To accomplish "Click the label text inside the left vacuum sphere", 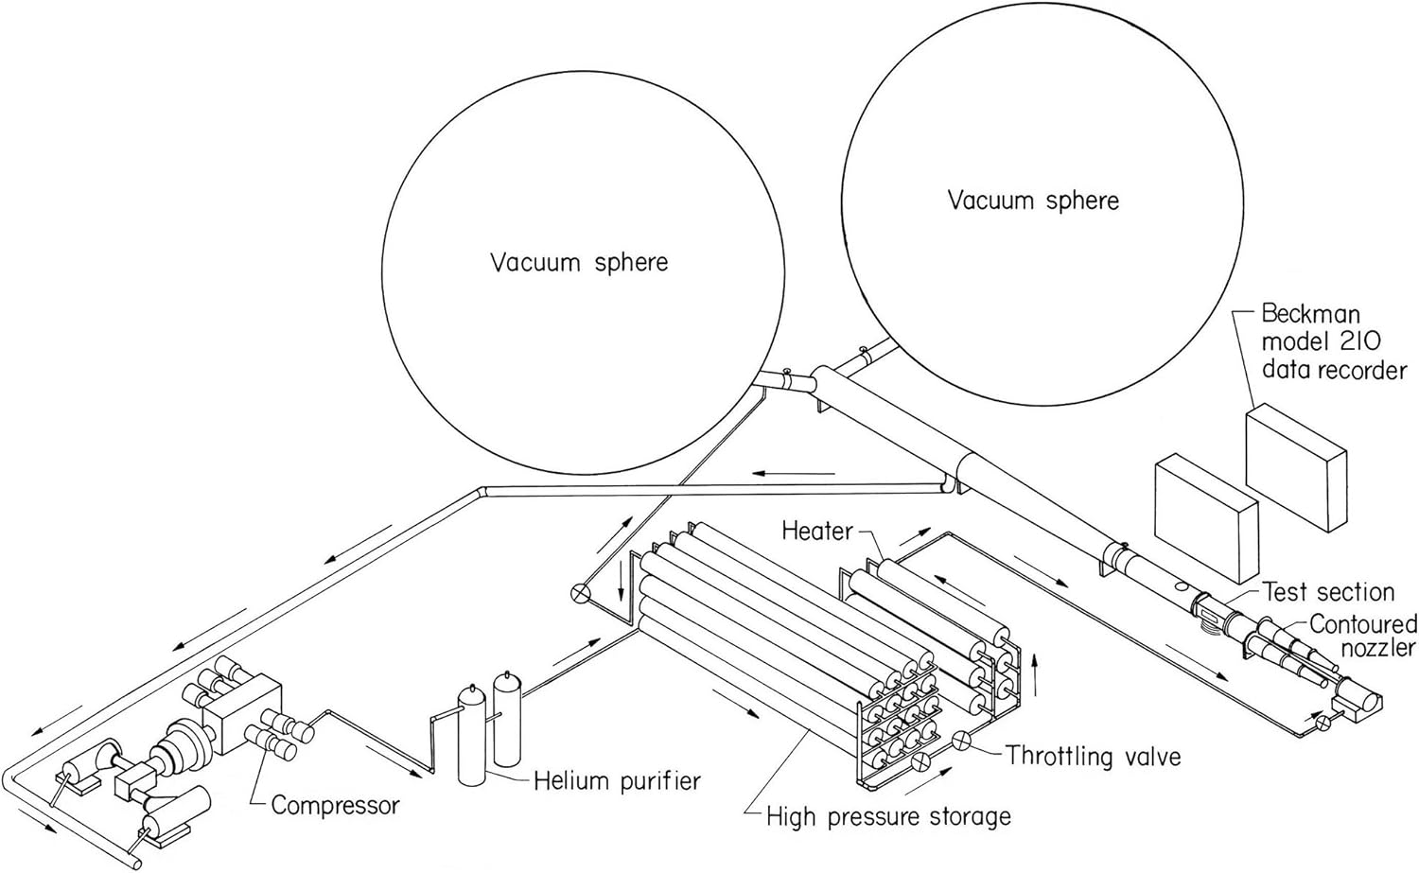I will (578, 262).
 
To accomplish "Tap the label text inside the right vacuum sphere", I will (1033, 201).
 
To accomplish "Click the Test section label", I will (1329, 592).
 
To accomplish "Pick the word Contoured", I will (1363, 623).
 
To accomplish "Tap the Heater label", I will (817, 531).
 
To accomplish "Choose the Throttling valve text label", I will (1093, 756).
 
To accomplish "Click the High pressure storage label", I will (888, 815).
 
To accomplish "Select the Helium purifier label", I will (617, 780).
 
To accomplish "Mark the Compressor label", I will (335, 805).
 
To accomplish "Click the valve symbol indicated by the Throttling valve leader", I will (961, 741).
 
